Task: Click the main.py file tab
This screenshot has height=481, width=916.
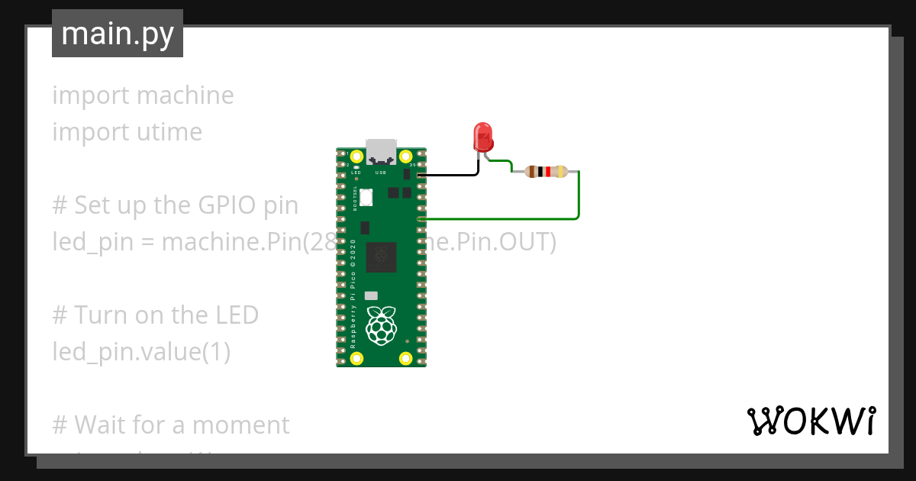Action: tap(118, 34)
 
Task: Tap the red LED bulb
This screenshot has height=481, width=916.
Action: tap(483, 137)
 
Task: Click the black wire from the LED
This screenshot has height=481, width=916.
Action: tap(450, 176)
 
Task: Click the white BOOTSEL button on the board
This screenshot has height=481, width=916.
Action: tap(366, 197)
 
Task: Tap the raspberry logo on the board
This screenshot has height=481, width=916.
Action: tap(382, 325)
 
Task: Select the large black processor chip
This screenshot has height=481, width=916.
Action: tap(382, 257)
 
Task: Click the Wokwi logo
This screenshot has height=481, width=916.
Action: tap(811, 421)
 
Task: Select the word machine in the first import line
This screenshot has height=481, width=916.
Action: tap(185, 95)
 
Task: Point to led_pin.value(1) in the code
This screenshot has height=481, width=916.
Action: tap(141, 352)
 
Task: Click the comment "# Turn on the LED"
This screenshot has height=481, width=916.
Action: tap(156, 315)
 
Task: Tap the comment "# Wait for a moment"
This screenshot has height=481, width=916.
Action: tap(171, 425)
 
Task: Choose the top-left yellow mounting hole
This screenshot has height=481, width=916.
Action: tap(356, 158)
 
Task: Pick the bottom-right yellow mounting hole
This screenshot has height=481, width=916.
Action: tap(406, 357)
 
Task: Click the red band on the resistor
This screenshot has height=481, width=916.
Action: tap(548, 172)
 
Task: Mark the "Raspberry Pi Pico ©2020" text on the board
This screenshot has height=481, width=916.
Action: tap(353, 295)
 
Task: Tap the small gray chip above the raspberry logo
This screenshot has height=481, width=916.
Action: tap(371, 295)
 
